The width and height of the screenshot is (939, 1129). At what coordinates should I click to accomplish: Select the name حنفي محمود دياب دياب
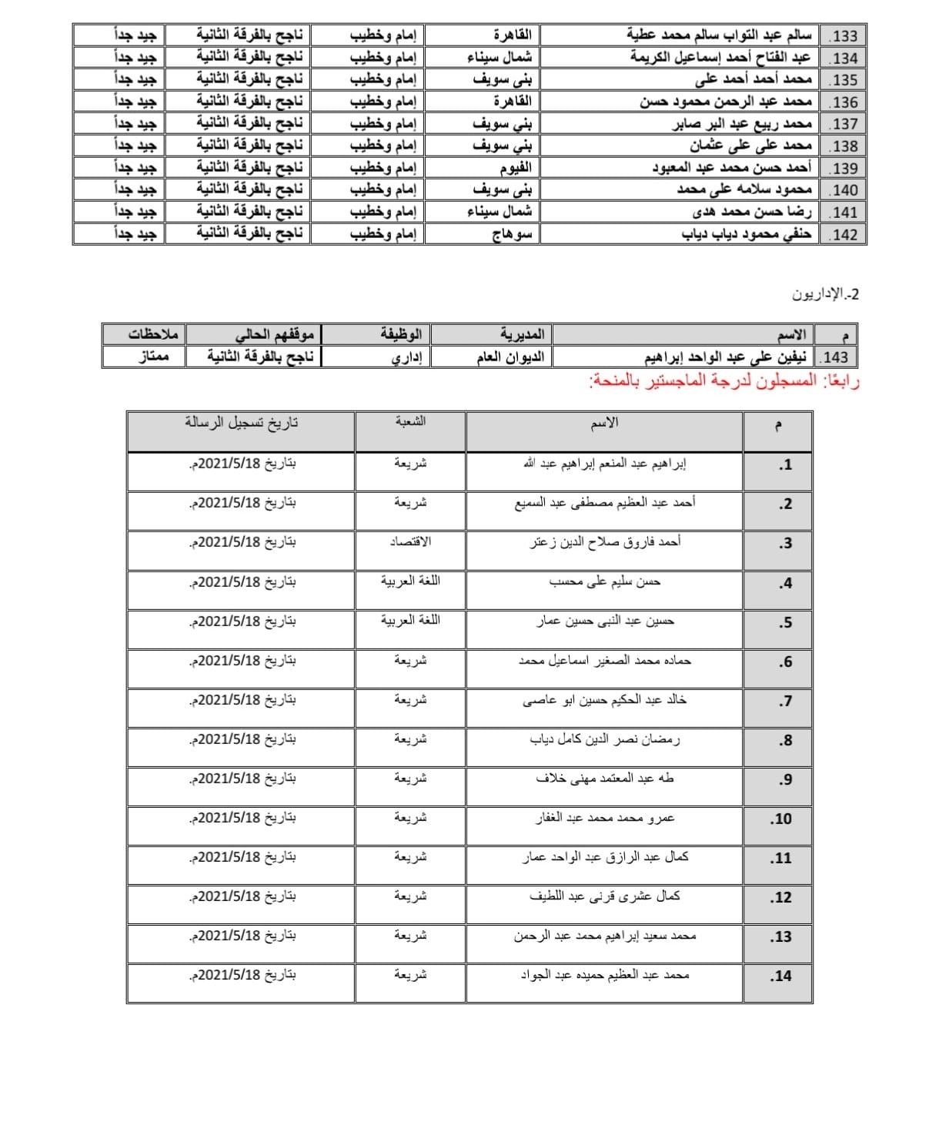747,234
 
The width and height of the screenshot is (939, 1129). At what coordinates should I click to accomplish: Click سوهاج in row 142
512,234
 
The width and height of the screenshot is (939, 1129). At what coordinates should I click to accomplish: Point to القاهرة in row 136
512,102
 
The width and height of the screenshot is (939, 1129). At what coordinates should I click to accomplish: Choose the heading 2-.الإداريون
825,294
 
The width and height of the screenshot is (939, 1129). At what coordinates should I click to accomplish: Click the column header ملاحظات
153,334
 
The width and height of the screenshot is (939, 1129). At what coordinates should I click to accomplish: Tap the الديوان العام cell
510,357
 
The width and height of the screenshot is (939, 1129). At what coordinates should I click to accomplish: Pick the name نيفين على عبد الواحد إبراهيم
727,357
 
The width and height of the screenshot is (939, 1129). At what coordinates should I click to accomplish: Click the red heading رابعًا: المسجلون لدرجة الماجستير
723,381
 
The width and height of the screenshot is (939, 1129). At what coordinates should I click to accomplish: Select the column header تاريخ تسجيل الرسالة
241,423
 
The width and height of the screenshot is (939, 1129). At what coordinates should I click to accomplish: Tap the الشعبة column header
410,422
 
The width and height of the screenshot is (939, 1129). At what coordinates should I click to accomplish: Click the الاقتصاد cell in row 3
410,542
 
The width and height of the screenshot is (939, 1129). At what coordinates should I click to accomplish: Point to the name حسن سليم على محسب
604,582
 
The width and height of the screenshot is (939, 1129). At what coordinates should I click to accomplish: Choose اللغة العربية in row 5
410,621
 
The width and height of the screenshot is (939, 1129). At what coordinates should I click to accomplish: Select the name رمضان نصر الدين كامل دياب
604,740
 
